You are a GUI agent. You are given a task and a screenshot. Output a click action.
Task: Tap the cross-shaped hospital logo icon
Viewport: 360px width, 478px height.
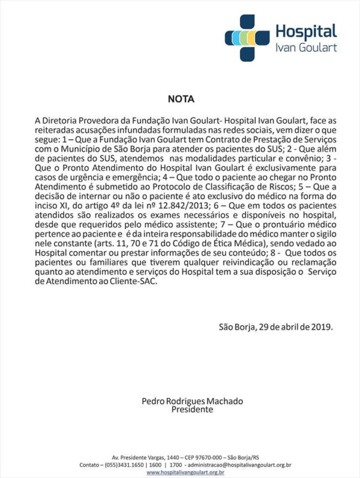point(247,38)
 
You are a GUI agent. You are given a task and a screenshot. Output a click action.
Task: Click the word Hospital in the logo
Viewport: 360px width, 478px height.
point(305,31)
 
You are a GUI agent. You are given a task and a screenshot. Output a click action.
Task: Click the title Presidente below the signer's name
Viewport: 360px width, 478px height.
point(192,410)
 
